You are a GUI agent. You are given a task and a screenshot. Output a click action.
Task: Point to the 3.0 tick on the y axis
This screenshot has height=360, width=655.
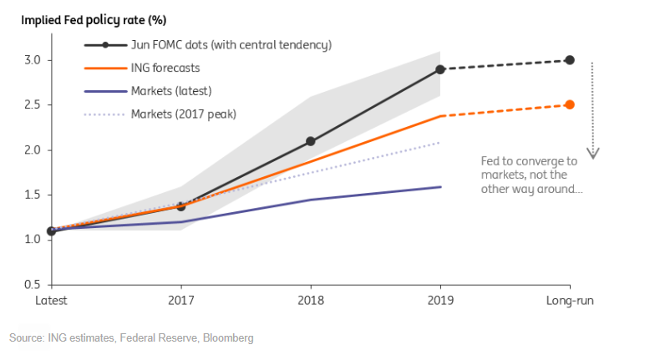coord(31,60)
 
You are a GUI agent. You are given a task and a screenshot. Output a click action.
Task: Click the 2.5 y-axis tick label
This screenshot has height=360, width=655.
coord(31,105)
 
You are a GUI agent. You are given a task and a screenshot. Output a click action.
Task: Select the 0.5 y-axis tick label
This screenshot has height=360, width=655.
coord(31,285)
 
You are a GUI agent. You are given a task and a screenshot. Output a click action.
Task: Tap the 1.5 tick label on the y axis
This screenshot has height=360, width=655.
coord(31,195)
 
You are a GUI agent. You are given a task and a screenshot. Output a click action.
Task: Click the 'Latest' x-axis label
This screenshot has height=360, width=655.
coord(51,299)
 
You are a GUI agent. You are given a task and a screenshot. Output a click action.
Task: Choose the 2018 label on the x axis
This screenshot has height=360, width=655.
coord(310,299)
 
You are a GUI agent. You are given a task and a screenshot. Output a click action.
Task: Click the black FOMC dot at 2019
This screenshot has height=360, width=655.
coord(440,69)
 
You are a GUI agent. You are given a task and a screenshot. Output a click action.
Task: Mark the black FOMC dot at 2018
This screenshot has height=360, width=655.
coord(310,141)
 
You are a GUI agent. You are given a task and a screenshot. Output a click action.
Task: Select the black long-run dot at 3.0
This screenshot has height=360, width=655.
coord(570,60)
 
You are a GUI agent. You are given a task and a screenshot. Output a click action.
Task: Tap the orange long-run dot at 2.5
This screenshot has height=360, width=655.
coord(570,105)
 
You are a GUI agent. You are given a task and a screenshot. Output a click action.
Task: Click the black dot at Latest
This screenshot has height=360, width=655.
coord(52,231)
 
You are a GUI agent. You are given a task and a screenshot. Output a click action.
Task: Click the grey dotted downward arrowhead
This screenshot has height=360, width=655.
coord(592,153)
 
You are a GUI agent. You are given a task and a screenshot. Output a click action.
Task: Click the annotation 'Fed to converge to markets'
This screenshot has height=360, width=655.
coord(522,175)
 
